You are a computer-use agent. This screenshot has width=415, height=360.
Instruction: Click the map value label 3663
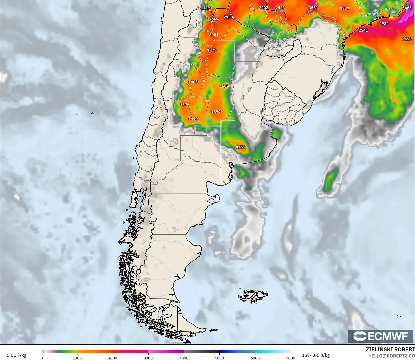[407, 8]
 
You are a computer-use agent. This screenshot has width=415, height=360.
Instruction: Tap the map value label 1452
[241, 147]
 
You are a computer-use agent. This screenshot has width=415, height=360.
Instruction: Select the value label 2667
[214, 19]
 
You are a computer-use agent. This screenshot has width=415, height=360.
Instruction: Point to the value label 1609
[224, 86]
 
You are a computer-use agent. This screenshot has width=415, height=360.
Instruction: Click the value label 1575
[185, 105]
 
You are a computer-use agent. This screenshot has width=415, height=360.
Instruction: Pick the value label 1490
[193, 119]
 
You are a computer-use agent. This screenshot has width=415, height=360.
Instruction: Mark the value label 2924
[384, 24]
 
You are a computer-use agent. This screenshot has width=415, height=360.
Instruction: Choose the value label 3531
[313, 8]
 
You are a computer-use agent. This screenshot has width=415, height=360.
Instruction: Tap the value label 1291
[208, 8]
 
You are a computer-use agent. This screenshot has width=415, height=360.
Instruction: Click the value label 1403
[193, 82]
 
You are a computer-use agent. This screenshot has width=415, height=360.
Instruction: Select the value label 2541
[363, 30]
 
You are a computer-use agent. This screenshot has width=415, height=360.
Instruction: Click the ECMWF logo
[380, 336]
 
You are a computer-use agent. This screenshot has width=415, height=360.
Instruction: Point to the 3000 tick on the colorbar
[148, 358]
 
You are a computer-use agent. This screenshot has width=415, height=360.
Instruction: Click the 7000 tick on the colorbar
[291, 358]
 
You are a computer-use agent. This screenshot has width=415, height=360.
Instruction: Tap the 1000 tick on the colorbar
[77, 358]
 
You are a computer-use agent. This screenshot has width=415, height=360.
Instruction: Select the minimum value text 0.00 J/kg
[16, 355]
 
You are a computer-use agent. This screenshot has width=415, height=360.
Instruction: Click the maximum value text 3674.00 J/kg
[316, 355]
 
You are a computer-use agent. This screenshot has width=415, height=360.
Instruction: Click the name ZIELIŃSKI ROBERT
[390, 349]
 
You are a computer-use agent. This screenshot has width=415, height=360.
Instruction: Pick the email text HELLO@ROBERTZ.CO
[391, 356]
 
